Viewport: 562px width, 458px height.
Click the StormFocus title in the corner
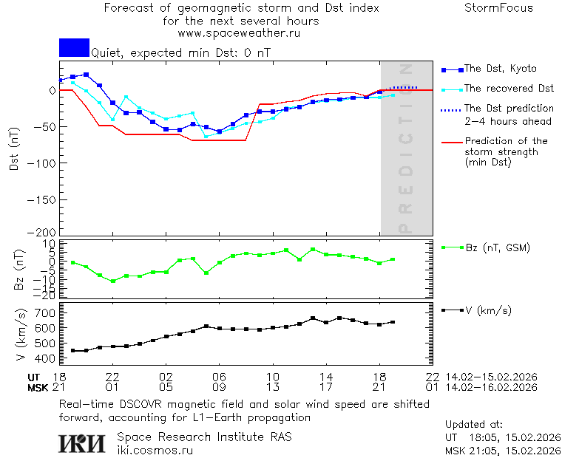click(498, 8)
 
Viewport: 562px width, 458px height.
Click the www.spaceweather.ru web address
click(239, 33)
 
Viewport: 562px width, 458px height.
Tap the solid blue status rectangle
click(74, 47)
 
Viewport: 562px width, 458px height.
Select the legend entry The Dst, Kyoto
click(500, 69)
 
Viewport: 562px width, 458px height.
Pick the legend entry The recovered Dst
click(509, 89)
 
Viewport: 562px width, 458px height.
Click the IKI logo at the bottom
click(82, 442)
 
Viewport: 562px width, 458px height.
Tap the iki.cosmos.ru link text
click(155, 450)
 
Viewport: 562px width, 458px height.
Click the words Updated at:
click(474, 425)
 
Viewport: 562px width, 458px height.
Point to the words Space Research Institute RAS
click(204, 437)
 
